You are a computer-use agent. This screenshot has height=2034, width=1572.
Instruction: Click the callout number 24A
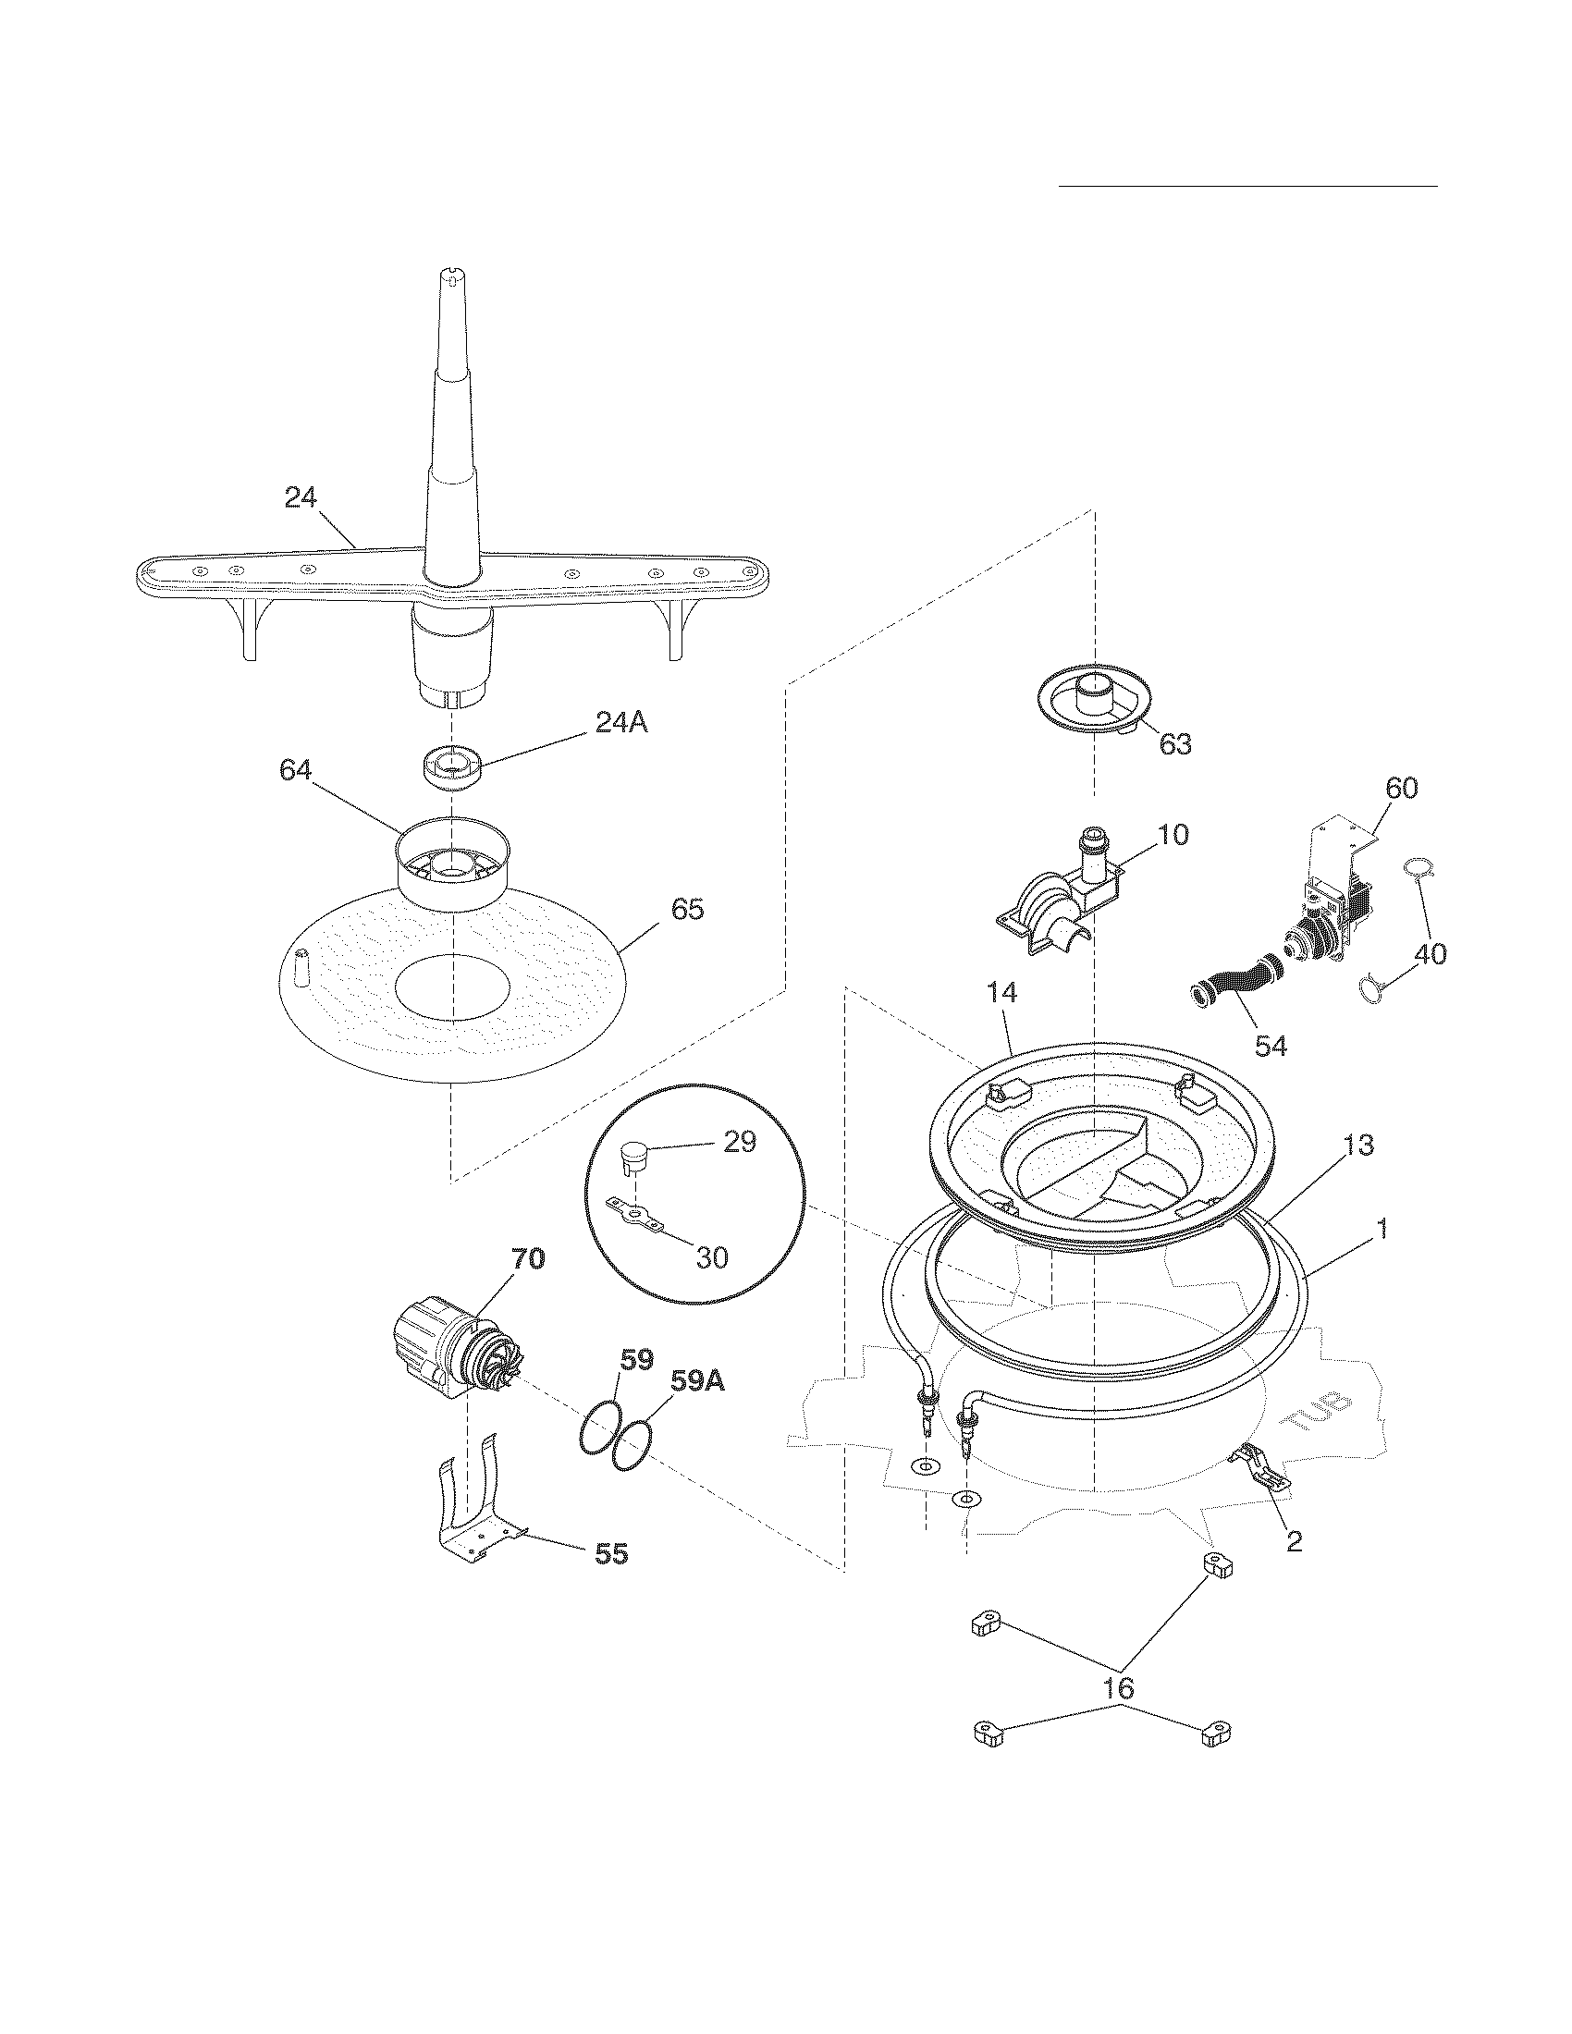tap(620, 722)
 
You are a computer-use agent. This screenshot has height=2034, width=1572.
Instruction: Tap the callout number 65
tap(687, 909)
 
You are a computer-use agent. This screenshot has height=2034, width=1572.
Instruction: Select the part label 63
tap(1174, 744)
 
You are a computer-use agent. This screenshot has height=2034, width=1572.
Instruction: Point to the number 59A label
tap(697, 1383)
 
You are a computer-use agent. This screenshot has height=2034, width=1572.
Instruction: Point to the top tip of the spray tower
tap(451, 276)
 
